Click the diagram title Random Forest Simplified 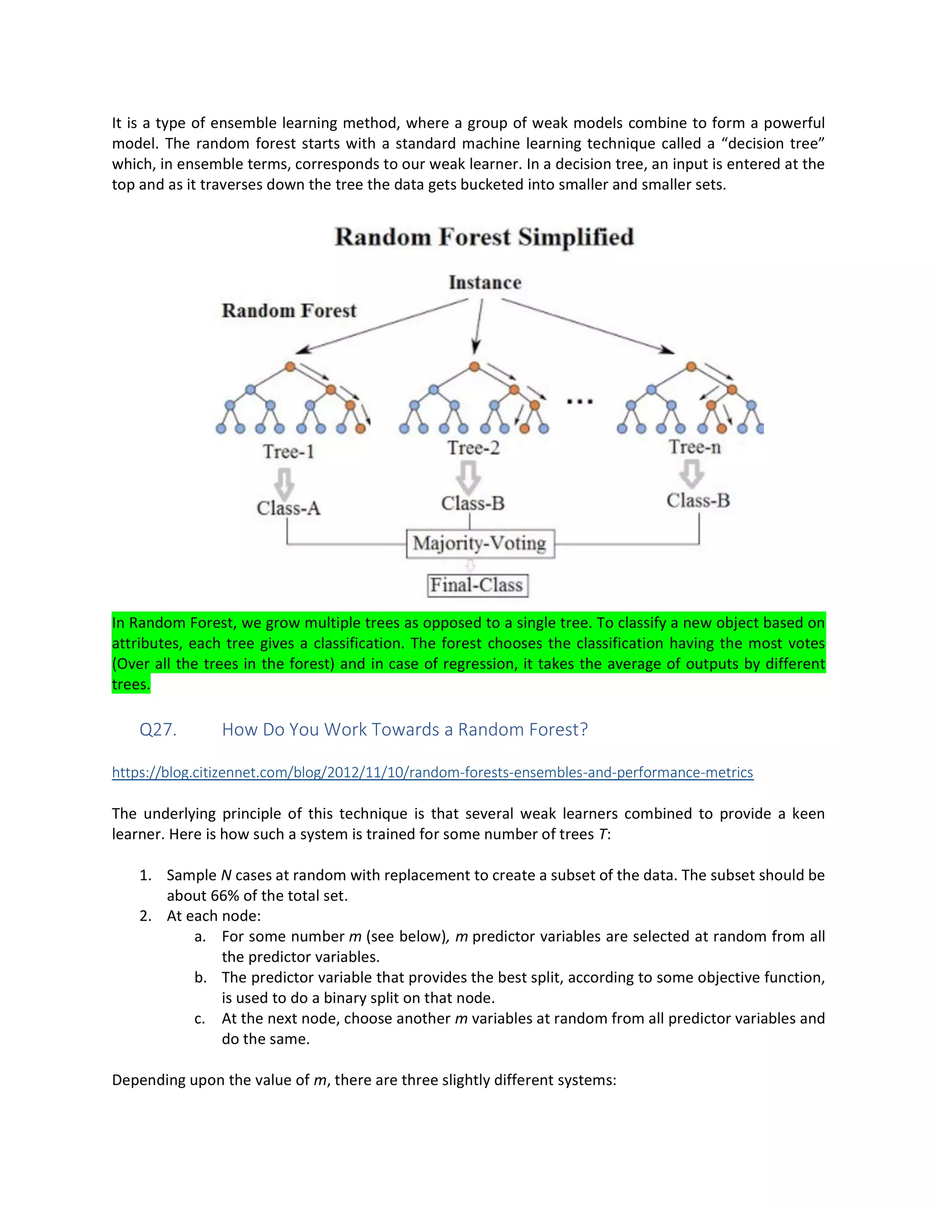tap(484, 237)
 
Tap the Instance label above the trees tap(485, 282)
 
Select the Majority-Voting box tap(480, 544)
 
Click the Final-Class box tap(477, 585)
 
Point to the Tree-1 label tap(288, 452)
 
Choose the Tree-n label tap(695, 447)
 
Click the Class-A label tap(288, 508)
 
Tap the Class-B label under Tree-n tap(698, 500)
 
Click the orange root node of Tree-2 tap(474, 366)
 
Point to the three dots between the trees tap(580, 401)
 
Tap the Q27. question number tap(158, 730)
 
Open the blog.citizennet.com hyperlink tap(432, 772)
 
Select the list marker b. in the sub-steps tap(200, 978)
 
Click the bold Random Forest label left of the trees tap(289, 311)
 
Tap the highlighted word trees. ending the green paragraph tap(130, 685)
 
